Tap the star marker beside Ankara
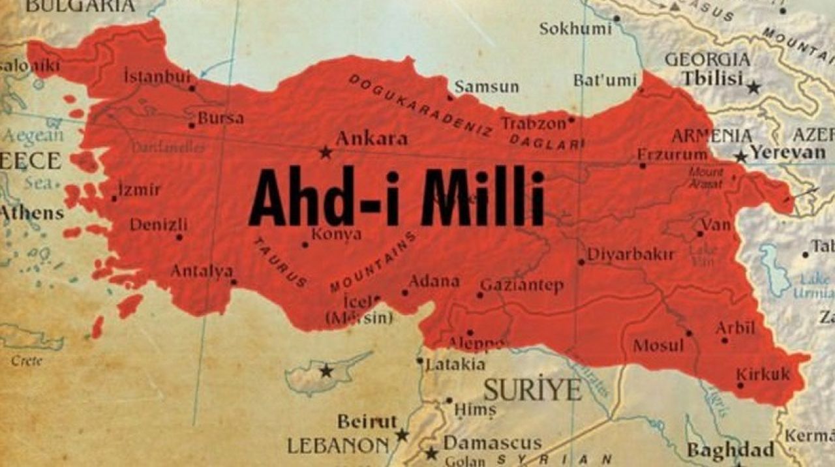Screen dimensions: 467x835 (326, 153)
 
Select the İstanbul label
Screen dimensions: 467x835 (157, 77)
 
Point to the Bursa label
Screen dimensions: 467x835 (220, 119)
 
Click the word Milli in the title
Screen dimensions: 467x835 (483, 198)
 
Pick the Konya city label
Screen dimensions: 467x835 (336, 234)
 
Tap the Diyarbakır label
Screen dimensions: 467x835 (631, 254)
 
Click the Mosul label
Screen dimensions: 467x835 (658, 345)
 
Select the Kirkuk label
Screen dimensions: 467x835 (763, 374)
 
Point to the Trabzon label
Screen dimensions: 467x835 (533, 123)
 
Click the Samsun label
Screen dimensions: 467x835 (487, 87)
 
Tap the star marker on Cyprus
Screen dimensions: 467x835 (326, 371)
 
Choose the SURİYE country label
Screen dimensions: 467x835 (532, 390)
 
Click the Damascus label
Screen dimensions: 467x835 (492, 444)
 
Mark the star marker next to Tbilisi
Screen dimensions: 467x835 (754, 87)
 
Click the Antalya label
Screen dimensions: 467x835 (202, 271)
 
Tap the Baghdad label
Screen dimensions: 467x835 (730, 450)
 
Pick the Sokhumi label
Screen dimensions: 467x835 (575, 29)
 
